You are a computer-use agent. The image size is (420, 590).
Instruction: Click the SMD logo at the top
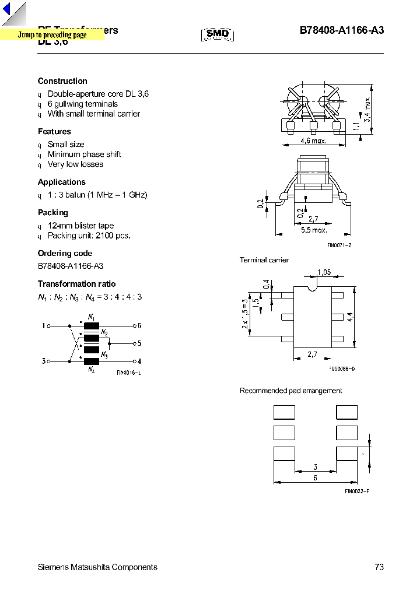pyautogui.click(x=218, y=34)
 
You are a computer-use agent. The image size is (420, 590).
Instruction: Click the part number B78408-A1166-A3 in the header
pyautogui.click(x=342, y=31)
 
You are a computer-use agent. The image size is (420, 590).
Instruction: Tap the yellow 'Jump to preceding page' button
pyautogui.click(x=52, y=35)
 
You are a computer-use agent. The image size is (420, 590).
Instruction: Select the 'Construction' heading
pyautogui.click(x=62, y=81)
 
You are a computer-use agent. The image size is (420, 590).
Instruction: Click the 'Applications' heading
pyautogui.click(x=62, y=182)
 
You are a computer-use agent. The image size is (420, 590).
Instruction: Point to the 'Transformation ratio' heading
pyautogui.click(x=76, y=284)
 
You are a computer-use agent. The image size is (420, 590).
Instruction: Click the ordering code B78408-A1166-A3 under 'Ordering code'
pyautogui.click(x=71, y=266)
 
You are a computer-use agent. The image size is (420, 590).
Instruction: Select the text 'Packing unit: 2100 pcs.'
pyautogui.click(x=89, y=236)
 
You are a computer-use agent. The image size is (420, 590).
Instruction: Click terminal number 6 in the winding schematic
pyautogui.click(x=139, y=325)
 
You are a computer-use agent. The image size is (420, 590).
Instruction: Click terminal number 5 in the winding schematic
pyautogui.click(x=139, y=343)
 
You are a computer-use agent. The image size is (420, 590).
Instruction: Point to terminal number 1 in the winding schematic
pyautogui.click(x=43, y=325)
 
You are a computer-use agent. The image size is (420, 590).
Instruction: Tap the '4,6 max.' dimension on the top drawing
pyautogui.click(x=313, y=141)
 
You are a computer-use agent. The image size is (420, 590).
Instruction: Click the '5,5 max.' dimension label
pyautogui.click(x=314, y=230)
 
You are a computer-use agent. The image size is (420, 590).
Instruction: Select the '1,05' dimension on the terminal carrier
pyautogui.click(x=324, y=272)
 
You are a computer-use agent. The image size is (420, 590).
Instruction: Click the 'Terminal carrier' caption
pyautogui.click(x=264, y=260)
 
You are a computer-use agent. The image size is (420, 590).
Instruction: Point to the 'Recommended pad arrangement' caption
pyautogui.click(x=290, y=391)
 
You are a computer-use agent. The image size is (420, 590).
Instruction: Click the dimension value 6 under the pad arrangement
pyautogui.click(x=315, y=478)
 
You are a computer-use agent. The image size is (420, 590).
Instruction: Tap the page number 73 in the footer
pyautogui.click(x=379, y=567)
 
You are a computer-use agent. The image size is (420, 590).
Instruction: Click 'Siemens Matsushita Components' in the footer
pyautogui.click(x=97, y=567)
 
